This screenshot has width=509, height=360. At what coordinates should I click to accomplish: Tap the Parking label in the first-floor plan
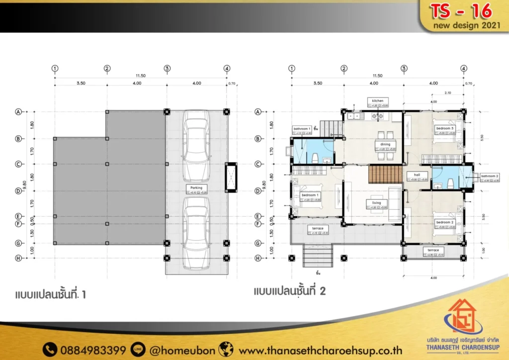coord(196,187)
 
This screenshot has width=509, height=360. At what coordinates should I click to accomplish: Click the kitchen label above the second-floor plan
coord(378,100)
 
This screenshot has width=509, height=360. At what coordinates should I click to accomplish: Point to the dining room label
coord(385,144)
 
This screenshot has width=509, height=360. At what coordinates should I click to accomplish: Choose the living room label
coord(376,203)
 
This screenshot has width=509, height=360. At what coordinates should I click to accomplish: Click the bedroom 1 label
coord(310,195)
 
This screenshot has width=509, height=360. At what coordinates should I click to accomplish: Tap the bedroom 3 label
coord(445,128)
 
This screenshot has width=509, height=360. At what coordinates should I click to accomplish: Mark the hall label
coord(417,175)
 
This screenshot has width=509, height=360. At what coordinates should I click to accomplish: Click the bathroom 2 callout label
coord(490,176)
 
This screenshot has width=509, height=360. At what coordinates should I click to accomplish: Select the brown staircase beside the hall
coord(384,175)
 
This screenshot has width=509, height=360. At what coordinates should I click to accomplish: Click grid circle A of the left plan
coord(18,112)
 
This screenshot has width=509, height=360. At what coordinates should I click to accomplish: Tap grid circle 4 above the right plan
coord(464,69)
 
